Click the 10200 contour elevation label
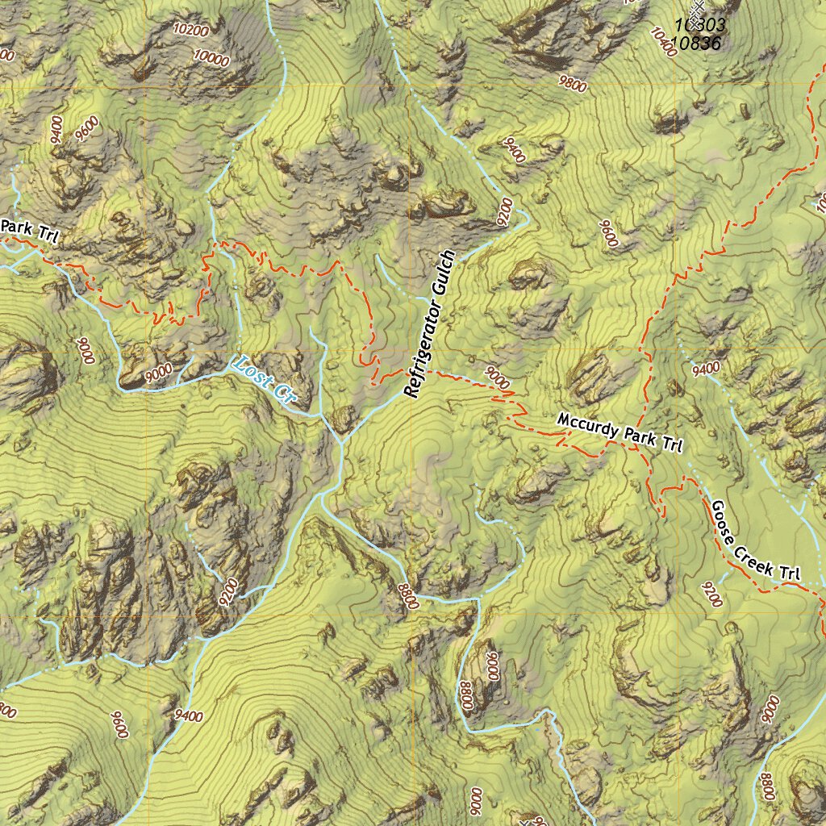tap(191, 31)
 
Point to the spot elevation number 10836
tap(695, 44)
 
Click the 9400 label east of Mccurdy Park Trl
tap(706, 369)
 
